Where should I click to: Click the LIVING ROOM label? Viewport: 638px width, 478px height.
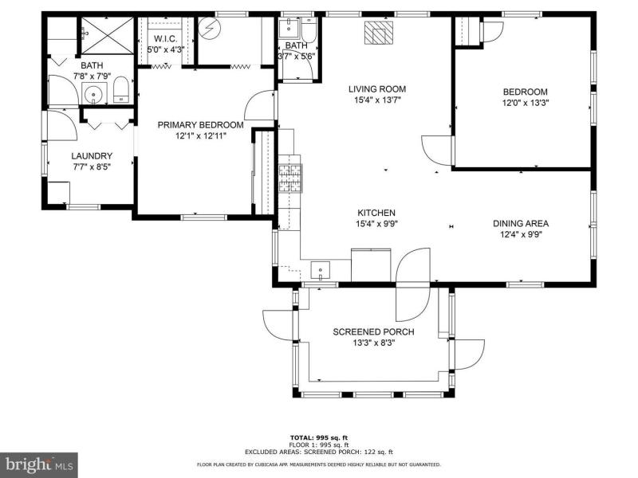pos(377,89)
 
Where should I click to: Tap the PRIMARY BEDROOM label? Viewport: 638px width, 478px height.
pos(201,125)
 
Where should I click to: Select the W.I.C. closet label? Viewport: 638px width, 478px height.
pos(166,39)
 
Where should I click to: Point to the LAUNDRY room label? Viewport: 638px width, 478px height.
pos(92,156)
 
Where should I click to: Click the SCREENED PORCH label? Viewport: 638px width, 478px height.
pos(373,332)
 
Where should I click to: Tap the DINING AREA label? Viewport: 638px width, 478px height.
pos(521,224)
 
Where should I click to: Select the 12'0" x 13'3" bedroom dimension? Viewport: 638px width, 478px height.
pos(526,103)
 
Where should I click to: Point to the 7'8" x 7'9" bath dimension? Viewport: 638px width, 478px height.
pos(92,76)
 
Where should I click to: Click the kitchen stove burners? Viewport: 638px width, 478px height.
pos(289,178)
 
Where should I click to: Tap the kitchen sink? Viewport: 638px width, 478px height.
pos(321,271)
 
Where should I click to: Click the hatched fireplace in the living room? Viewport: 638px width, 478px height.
pos(379,32)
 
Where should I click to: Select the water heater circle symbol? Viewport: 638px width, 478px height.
pos(209,28)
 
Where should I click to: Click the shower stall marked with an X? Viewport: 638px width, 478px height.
pos(108,36)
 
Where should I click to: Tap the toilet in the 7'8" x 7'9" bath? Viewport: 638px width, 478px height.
pos(121,90)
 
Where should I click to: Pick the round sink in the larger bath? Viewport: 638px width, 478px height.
pos(94,93)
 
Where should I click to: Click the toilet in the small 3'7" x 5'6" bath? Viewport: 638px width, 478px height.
pos(309,30)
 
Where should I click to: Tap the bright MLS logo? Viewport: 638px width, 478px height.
pos(39,464)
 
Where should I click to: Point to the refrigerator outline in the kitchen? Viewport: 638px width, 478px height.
pos(371,265)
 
